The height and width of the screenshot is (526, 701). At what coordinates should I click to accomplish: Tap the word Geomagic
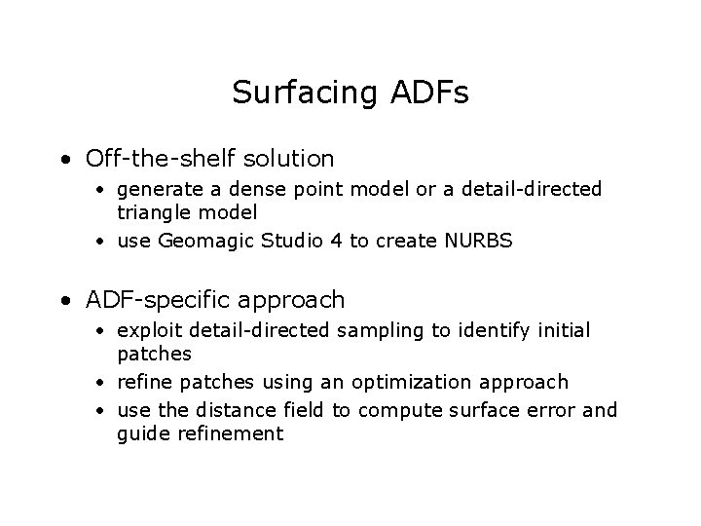(201, 241)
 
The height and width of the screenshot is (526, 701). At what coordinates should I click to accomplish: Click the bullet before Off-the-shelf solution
(63, 159)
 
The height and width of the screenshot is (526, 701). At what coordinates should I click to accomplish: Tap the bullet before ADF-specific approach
(63, 300)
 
